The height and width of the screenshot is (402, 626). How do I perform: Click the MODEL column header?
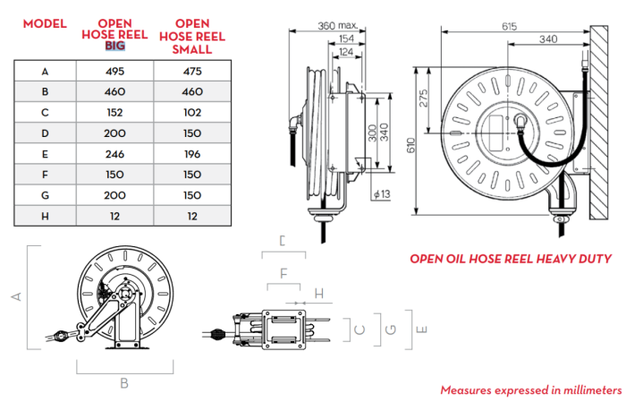point(44,22)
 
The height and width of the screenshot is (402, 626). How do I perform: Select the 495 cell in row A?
point(115,69)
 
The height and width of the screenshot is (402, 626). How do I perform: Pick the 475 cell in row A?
point(193,69)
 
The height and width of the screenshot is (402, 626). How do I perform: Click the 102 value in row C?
point(193,110)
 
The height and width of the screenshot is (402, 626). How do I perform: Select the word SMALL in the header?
point(193,49)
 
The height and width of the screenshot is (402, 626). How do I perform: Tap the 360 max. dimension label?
point(337,26)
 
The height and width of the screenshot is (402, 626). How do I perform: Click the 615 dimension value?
point(509,27)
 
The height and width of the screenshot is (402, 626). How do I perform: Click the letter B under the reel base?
point(124,383)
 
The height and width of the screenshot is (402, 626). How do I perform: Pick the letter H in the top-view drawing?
point(318,293)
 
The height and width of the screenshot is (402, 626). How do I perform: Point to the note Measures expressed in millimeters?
point(530,390)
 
